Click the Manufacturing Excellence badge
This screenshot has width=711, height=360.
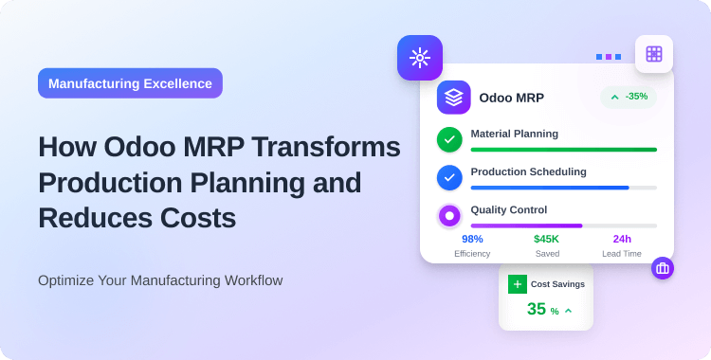[130, 83]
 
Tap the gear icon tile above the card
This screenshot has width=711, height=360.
[419, 58]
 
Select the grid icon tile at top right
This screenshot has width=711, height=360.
[654, 54]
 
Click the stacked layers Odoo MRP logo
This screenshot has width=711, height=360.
[453, 98]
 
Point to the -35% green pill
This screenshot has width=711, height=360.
[629, 97]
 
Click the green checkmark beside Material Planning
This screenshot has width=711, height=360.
[449, 139]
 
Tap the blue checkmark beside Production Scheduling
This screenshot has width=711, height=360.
[449, 177]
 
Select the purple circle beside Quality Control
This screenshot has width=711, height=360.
[449, 216]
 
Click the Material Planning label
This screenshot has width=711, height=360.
[514, 134]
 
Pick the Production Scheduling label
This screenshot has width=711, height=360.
[528, 171]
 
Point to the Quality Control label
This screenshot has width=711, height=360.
[508, 209]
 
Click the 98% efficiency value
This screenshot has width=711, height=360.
[472, 239]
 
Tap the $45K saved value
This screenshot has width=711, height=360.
[546, 239]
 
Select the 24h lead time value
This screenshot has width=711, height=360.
[622, 239]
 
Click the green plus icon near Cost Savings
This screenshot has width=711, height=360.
[517, 283]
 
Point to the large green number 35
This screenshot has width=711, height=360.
[537, 309]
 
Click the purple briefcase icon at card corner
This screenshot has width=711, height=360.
[662, 268]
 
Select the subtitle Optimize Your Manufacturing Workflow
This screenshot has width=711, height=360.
[160, 280]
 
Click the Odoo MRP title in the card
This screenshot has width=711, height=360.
[511, 98]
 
